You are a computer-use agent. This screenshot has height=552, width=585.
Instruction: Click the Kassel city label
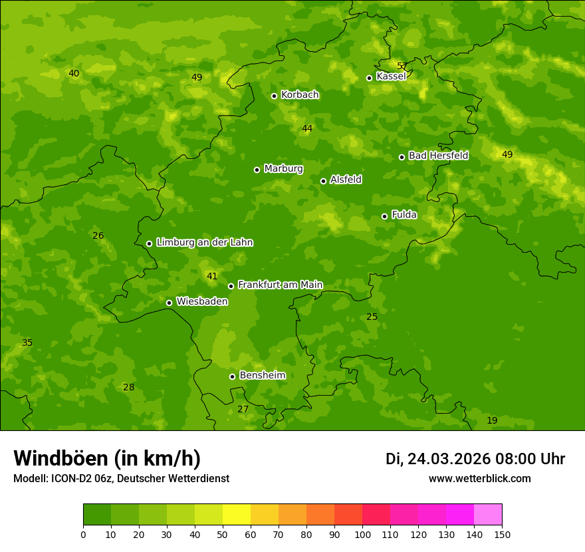391,76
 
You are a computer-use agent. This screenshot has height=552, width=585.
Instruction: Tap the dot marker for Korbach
274,96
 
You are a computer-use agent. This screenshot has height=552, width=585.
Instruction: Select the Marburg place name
283,169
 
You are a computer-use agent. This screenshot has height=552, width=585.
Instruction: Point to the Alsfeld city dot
323,181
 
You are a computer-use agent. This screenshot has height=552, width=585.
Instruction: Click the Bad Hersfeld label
438,156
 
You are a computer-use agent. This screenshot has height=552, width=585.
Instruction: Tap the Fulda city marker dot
384,216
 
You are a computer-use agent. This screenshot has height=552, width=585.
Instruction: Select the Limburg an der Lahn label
204,243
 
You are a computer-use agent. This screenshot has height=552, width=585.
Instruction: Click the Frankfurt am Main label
280,285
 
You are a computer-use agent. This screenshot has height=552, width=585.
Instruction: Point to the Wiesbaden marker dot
169,303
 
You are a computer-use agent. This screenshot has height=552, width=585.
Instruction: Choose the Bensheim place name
262,375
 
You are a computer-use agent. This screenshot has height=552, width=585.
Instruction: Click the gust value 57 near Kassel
402,66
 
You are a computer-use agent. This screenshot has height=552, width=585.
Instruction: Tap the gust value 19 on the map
492,420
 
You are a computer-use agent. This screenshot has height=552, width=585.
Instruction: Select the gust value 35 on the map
27,343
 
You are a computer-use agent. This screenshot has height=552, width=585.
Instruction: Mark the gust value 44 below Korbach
307,128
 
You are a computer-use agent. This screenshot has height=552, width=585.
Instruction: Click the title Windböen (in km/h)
107,458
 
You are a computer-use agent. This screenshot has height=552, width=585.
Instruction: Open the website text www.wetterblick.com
479,479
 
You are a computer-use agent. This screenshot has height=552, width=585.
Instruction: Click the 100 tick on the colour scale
362,534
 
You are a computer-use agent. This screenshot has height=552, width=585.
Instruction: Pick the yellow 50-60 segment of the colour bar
237,514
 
